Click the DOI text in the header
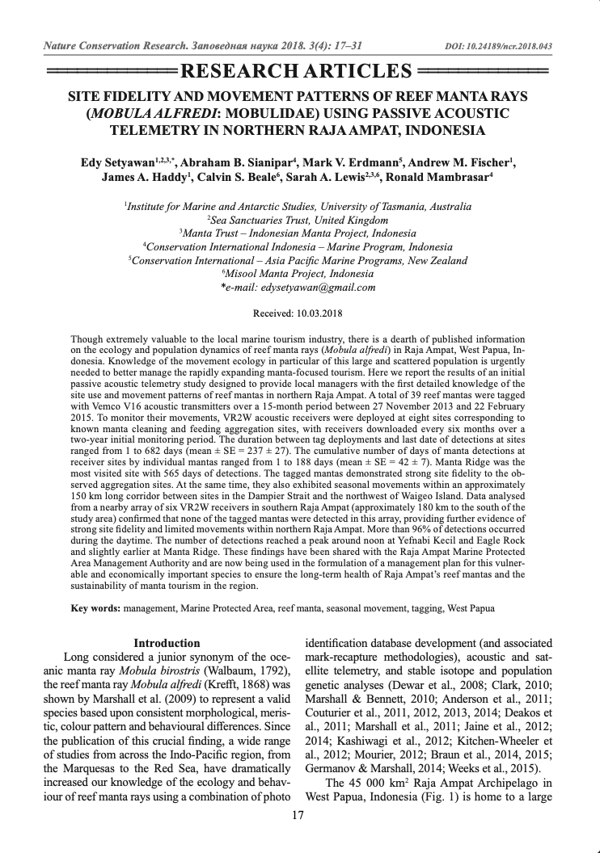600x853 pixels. click(499, 46)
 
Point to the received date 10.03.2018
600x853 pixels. click(322, 311)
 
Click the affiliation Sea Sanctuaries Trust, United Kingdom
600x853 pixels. click(299, 220)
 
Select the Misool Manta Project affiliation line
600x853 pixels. click(299, 274)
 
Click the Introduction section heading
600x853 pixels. click(167, 643)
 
